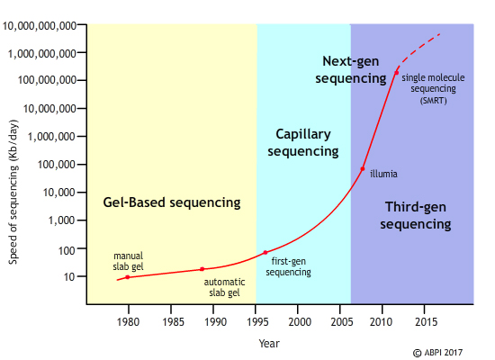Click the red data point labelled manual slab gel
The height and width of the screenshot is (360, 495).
pyautogui.click(x=127, y=277)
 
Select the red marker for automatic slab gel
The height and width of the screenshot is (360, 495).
pyautogui.click(x=202, y=269)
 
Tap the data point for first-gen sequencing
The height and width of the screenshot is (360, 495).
pyautogui.click(x=265, y=253)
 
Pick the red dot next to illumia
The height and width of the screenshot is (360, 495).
pyautogui.click(x=363, y=169)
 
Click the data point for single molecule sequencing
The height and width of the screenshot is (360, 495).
pyautogui.click(x=397, y=72)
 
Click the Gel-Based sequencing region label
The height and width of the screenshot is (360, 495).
pyautogui.click(x=171, y=202)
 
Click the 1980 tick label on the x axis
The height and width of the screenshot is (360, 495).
pyautogui.click(x=128, y=321)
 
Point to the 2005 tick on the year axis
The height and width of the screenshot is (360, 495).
pyautogui.click(x=342, y=321)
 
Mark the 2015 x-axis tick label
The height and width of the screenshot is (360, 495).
pyautogui.click(x=427, y=321)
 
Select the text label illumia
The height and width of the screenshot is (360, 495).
pyautogui.click(x=383, y=174)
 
